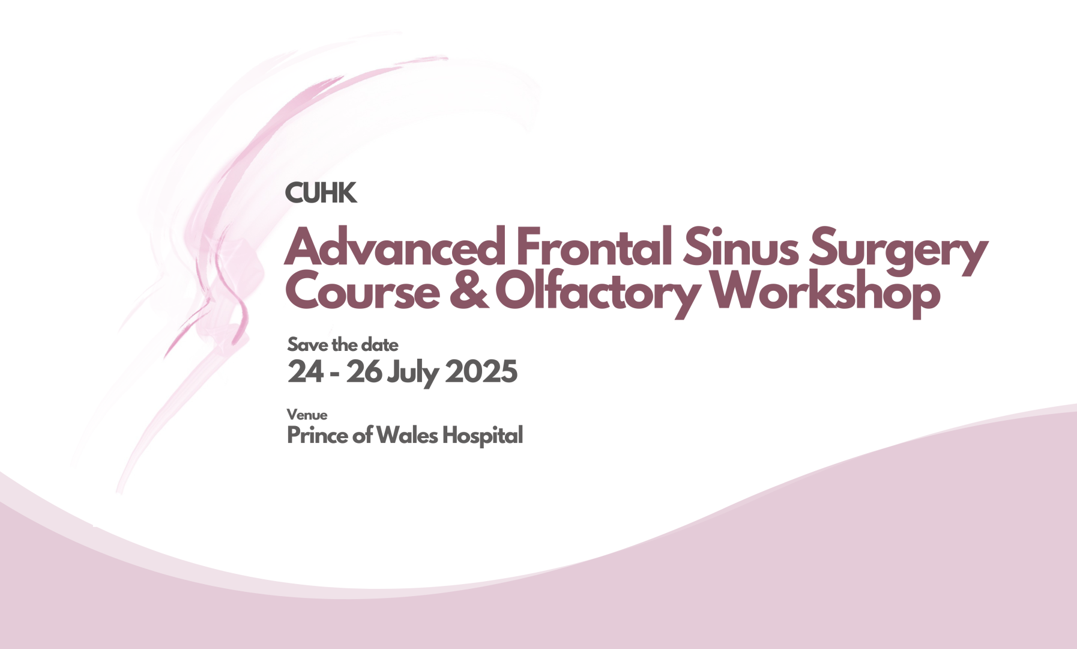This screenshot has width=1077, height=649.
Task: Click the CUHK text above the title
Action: coord(321,193)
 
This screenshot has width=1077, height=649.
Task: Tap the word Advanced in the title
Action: coord(395,246)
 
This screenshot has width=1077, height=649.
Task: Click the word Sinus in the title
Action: coord(741,246)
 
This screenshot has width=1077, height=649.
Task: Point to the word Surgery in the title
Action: coord(898,250)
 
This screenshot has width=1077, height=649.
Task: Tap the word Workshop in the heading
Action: coord(825,293)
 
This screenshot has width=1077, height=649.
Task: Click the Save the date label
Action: coord(343,344)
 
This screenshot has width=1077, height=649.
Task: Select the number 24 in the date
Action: coord(306,371)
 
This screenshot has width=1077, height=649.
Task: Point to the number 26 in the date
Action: coord(364,371)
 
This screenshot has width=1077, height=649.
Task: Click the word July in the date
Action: coord(413,373)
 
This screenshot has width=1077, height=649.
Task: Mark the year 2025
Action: coord(481,371)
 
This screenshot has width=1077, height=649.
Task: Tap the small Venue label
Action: coord(307,415)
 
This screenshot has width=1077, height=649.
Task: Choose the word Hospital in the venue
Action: coord(483,436)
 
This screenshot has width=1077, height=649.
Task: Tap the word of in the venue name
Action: coord(363,435)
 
